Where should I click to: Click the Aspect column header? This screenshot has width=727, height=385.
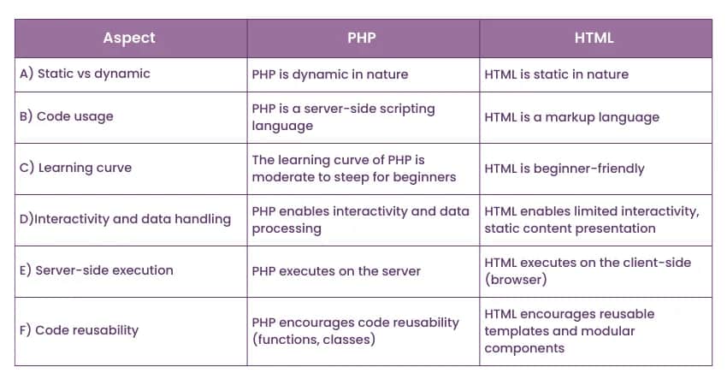130,38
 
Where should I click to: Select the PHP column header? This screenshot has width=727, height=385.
363,38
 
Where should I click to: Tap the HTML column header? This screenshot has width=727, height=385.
595,38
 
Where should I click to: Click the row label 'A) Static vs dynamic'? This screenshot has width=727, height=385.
85,74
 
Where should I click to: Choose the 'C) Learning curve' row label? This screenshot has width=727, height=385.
75,168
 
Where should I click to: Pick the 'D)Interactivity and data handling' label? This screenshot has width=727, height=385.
125,219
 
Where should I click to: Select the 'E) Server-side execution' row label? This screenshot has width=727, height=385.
96,270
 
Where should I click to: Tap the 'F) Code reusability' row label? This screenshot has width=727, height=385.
79,330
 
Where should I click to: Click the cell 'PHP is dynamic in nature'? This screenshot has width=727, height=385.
330,74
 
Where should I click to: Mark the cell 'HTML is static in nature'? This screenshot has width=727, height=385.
556,74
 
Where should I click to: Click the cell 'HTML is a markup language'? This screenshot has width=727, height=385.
571,117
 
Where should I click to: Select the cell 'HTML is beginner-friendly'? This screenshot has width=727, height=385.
563,169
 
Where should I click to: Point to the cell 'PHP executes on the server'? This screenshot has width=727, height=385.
336,271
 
